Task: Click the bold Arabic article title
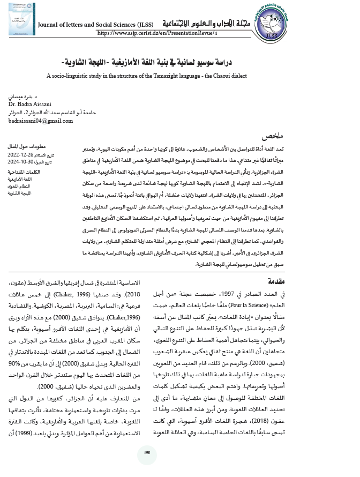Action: [181, 63]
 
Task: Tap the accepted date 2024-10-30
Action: [20, 161]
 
